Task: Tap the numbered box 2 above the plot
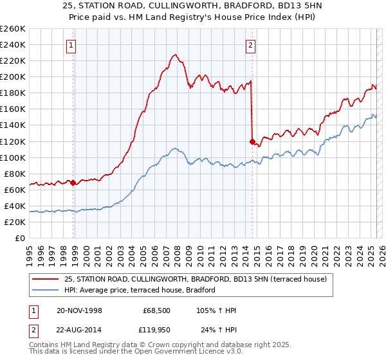point(250,45)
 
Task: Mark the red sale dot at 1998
point(73,183)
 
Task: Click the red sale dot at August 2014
point(252,141)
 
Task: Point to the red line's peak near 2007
point(174,55)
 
